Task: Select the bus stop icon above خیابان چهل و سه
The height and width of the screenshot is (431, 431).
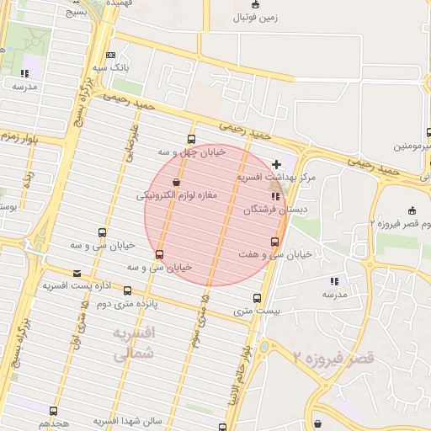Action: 191,140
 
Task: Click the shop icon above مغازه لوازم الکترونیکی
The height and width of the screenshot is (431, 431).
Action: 176,182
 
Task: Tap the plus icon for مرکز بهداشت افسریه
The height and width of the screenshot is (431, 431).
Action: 277,162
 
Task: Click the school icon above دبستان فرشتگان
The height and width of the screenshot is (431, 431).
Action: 275,197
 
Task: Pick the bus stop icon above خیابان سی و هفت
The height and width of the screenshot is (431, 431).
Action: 275,242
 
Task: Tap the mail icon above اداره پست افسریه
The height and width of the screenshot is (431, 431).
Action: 77,273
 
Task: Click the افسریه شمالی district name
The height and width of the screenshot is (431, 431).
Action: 133,345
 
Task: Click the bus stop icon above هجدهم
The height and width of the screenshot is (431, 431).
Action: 54,411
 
